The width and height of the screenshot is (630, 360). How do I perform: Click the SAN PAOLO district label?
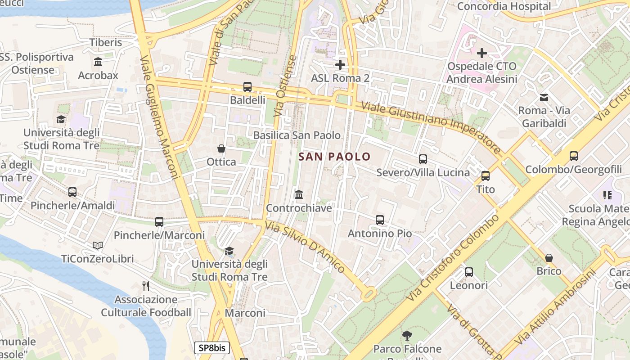tap(334, 157)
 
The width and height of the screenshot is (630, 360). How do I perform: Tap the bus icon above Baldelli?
tap(247, 87)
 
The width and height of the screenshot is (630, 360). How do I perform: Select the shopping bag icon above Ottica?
tap(221, 148)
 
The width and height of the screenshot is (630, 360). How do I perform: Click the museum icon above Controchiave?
tap(298, 195)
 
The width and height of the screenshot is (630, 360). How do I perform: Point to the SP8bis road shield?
tap(212, 348)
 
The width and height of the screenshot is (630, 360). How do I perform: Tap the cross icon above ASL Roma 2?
tap(340, 65)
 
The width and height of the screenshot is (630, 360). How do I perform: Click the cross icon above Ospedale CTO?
tap(481, 53)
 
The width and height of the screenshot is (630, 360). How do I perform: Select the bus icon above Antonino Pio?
tap(379, 220)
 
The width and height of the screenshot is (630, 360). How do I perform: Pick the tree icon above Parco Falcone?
tap(407, 335)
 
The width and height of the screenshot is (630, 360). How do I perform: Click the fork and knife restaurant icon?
tap(146, 286)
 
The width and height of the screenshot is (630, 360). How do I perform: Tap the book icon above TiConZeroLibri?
tap(98, 245)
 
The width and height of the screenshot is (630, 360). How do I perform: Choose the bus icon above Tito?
tap(485, 176)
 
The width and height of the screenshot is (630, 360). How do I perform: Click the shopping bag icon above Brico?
tap(549, 258)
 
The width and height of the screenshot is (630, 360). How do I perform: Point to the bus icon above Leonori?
tap(468, 272)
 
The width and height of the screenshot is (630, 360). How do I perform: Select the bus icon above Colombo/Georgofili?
tap(573, 156)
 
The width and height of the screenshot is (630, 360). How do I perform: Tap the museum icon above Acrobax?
tap(98, 62)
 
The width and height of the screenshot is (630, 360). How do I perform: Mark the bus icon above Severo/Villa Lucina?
tap(423, 159)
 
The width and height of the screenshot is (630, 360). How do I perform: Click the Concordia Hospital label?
tap(504, 6)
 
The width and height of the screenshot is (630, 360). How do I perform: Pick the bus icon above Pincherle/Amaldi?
tap(72, 192)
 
